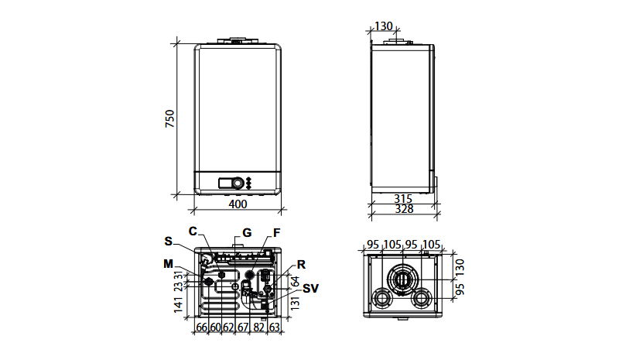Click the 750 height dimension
(169, 118)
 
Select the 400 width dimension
(238, 204)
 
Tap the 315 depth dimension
(403, 199)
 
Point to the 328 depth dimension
(404, 209)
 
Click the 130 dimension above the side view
(383, 26)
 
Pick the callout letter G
(247, 233)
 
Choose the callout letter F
(276, 233)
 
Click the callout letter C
(193, 231)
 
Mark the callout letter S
(169, 241)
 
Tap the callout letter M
(169, 263)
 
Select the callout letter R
(301, 264)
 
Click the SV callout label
(310, 289)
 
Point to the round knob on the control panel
(238, 183)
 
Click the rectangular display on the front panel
(225, 183)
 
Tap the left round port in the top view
(381, 298)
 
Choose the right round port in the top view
(421, 298)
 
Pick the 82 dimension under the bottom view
(258, 327)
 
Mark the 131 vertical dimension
(296, 302)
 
